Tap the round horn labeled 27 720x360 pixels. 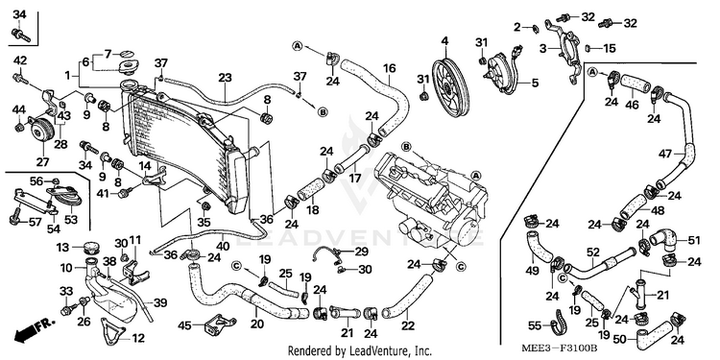tap(42, 130)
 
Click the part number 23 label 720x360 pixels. tap(225, 78)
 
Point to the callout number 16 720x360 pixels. tap(389, 68)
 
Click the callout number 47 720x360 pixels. tap(665, 155)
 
